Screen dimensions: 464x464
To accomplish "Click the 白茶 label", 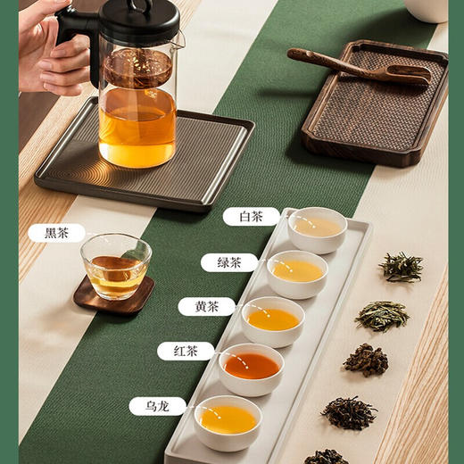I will click(x=251, y=217).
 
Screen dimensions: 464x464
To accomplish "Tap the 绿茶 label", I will click(x=229, y=262).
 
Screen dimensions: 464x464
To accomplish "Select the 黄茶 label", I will click(x=206, y=307).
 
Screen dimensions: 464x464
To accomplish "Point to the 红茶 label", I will click(x=186, y=352).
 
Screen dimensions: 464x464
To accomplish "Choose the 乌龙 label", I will click(x=157, y=406).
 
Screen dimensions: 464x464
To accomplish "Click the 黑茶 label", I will click(x=56, y=233).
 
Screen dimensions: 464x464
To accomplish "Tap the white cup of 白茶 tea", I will click(x=318, y=229).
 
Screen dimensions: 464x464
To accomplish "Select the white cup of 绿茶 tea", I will click(x=297, y=273).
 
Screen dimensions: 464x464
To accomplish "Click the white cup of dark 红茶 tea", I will click(x=252, y=368).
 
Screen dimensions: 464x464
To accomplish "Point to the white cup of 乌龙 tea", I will click(x=228, y=421).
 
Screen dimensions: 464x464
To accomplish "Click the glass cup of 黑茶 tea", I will click(x=116, y=265).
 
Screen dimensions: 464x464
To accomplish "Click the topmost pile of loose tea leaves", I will click(x=401, y=265).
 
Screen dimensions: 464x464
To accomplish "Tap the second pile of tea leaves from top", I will click(x=383, y=314).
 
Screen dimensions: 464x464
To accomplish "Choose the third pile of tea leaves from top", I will click(x=367, y=360).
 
